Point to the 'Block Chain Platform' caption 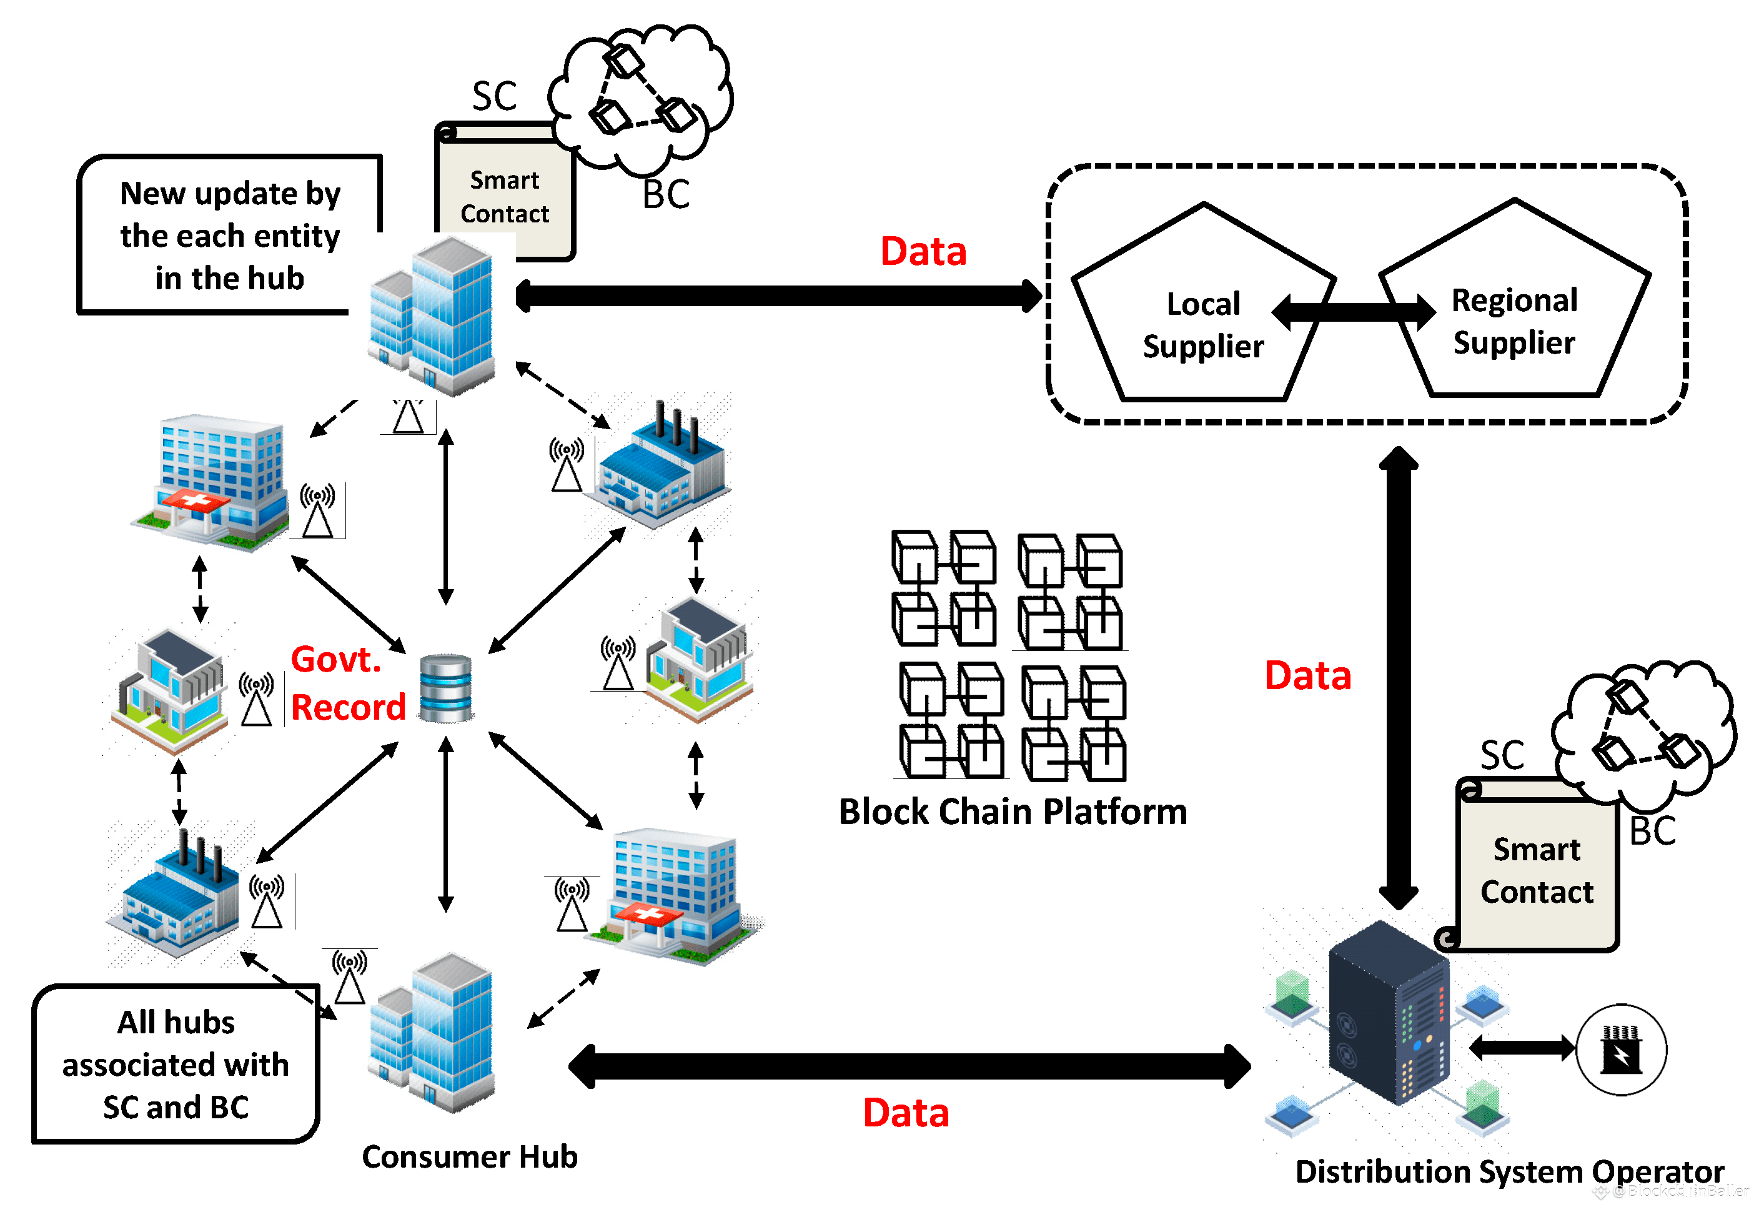click(x=1013, y=812)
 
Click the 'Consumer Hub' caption click(x=470, y=1156)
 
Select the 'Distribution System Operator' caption click(x=1509, y=1171)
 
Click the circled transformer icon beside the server click(x=1621, y=1050)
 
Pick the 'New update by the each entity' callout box click(x=230, y=235)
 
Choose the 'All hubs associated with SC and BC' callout click(x=176, y=1063)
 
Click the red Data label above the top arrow click(x=923, y=251)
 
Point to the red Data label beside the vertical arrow click(x=1307, y=675)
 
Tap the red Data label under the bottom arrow click(x=906, y=1113)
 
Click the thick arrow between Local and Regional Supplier click(x=1354, y=310)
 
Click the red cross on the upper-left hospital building click(x=195, y=500)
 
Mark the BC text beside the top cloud click(x=665, y=194)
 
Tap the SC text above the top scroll click(x=495, y=96)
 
